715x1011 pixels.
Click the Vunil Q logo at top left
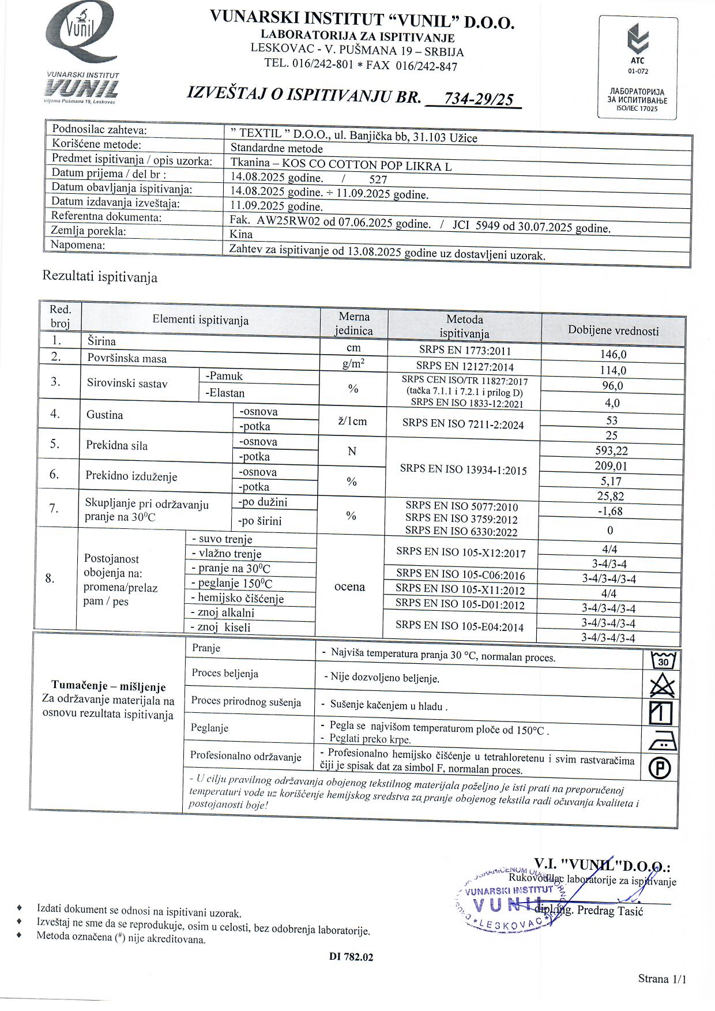point(82,33)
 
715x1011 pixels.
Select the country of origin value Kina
point(241,234)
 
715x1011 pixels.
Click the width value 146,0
point(613,354)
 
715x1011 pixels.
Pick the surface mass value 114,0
point(613,370)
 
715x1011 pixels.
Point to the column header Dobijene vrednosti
point(613,330)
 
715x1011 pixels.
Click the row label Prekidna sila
point(116,445)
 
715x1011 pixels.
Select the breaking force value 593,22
point(611,451)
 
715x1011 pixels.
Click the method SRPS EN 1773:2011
point(465,350)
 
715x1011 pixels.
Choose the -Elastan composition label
point(225,393)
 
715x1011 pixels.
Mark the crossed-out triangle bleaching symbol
point(661,686)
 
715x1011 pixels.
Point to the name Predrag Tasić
point(609,911)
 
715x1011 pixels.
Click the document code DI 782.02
point(351,957)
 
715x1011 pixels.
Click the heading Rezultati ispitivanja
point(100,277)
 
